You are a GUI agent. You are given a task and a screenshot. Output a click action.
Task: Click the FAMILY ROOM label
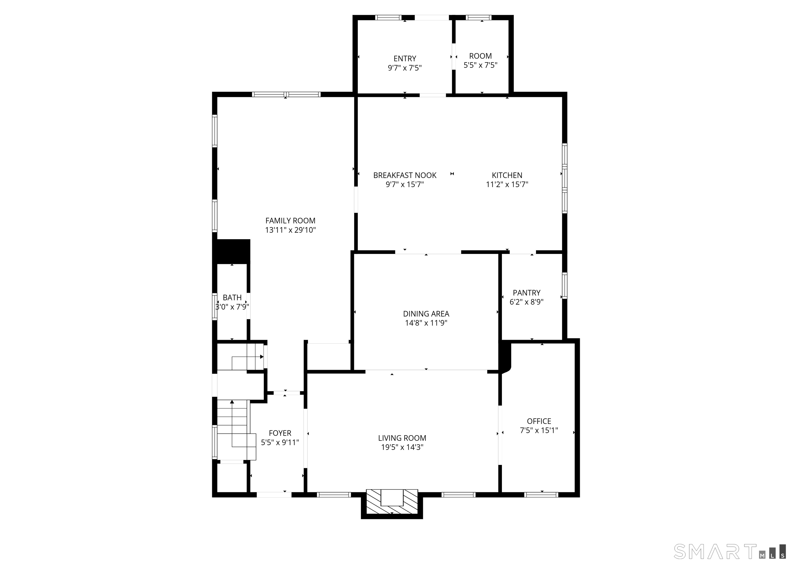click(290, 221)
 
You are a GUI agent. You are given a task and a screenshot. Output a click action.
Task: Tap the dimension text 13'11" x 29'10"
click(290, 230)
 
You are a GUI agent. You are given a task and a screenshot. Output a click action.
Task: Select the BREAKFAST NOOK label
click(405, 175)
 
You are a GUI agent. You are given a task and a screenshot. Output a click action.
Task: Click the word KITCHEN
click(507, 175)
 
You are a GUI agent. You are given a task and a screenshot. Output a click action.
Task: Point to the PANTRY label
click(526, 293)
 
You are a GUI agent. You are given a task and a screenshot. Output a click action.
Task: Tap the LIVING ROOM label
click(402, 438)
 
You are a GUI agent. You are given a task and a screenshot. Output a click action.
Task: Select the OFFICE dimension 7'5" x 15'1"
click(539, 431)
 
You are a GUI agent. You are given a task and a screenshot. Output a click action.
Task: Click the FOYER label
click(280, 433)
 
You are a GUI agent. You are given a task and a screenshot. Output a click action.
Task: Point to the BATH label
click(232, 298)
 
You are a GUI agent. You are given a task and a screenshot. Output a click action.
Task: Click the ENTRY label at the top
click(405, 59)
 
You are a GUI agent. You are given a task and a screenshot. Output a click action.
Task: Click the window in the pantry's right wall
click(565, 286)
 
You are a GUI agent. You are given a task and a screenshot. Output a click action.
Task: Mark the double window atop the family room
click(286, 94)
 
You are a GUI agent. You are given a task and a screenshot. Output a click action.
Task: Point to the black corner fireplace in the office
click(505, 357)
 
